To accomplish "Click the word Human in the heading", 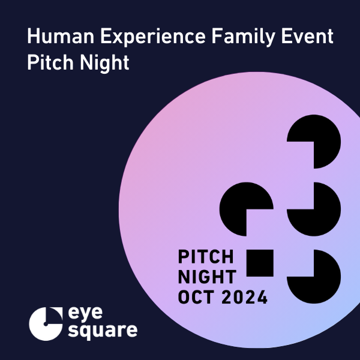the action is click(x=61, y=36).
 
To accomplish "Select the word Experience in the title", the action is click(x=153, y=37).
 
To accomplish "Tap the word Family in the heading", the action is click(x=244, y=37).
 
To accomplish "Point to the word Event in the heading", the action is click(x=307, y=36).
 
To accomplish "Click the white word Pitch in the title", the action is click(x=50, y=62).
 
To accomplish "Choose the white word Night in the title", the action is click(x=104, y=64).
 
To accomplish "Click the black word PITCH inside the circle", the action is click(x=206, y=257).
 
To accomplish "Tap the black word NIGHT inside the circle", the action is click(x=207, y=277).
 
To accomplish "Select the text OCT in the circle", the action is click(x=196, y=297).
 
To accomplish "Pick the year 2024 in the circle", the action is click(x=245, y=297).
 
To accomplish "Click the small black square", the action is click(x=260, y=263).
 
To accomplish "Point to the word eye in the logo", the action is click(x=85, y=314).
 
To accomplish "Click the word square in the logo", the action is click(x=103, y=331).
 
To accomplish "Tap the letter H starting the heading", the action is click(x=33, y=36).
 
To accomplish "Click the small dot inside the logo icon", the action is click(x=46, y=324).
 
